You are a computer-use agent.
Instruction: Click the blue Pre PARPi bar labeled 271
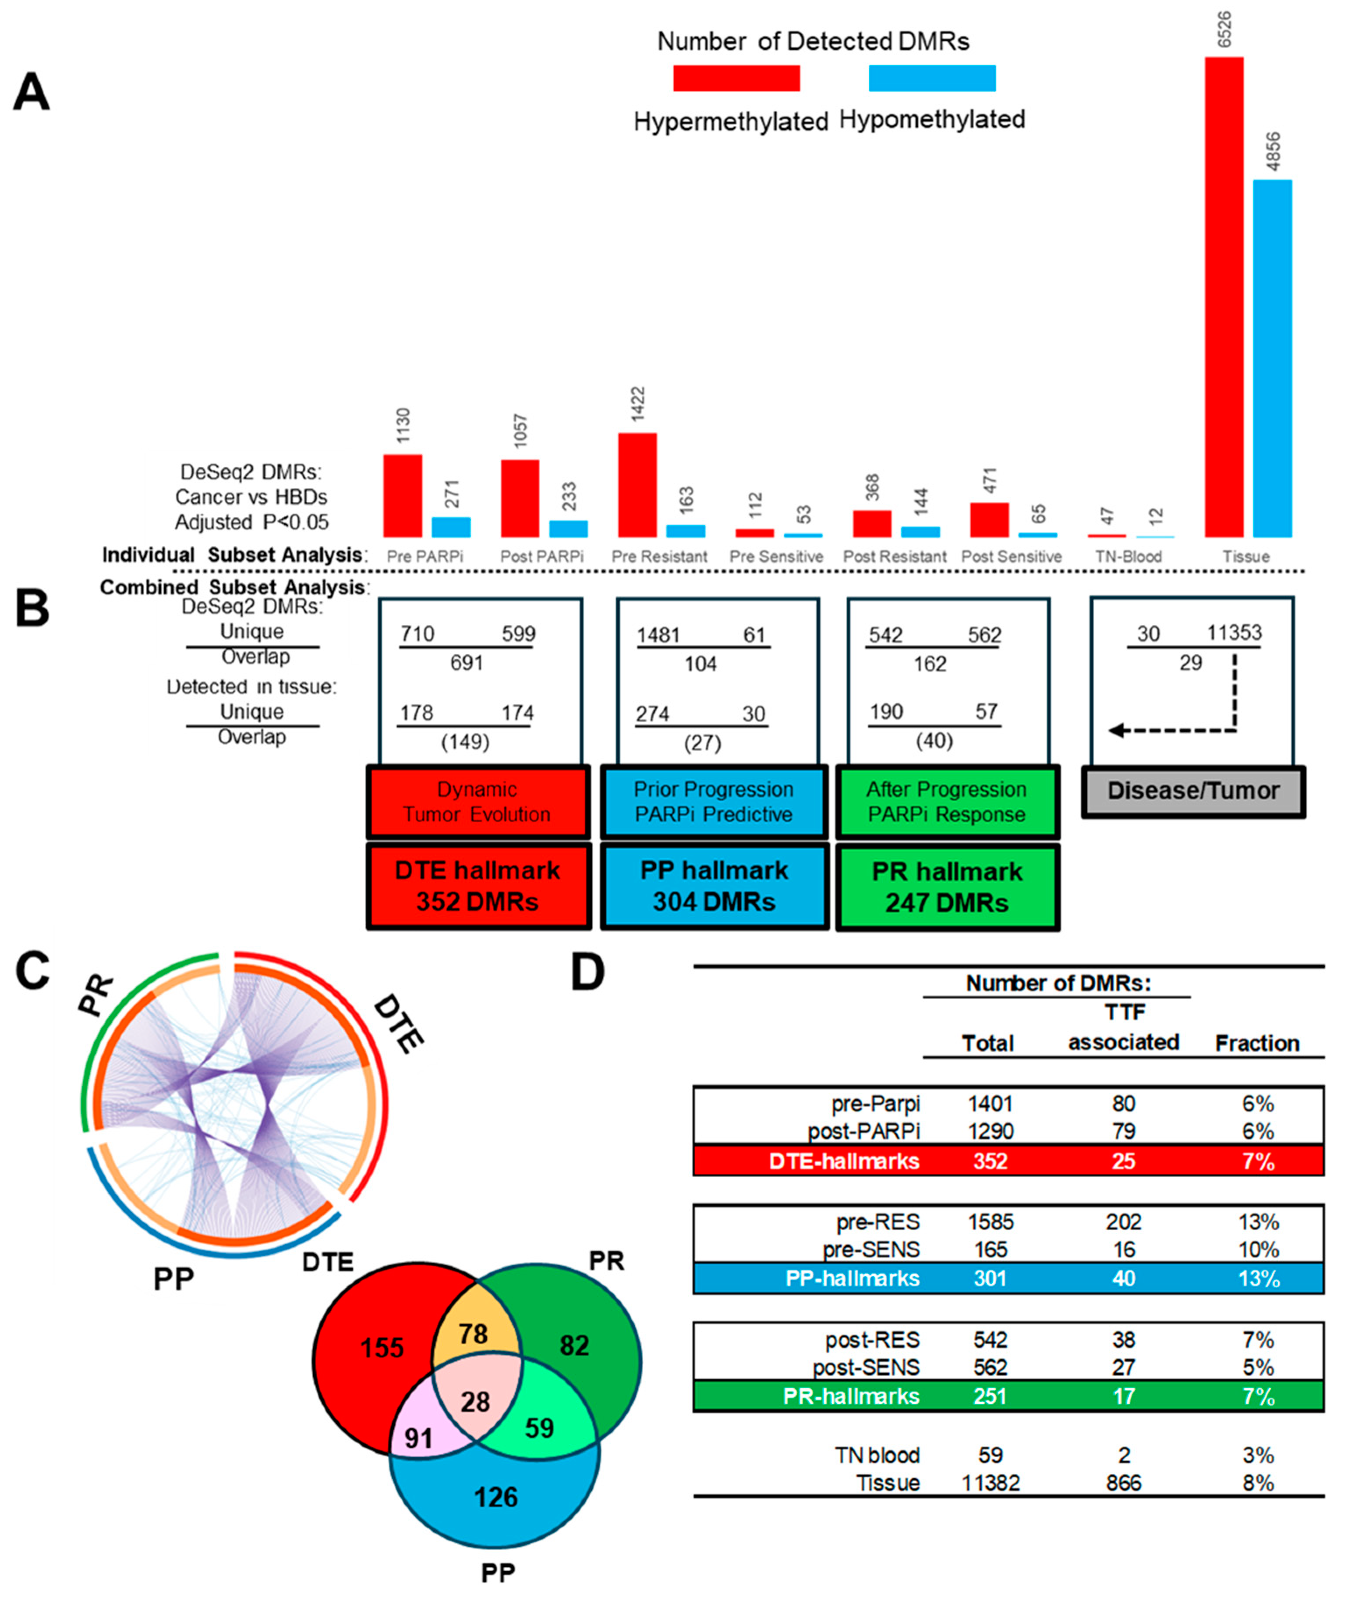(451, 527)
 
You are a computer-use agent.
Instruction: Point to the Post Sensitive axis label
(1011, 557)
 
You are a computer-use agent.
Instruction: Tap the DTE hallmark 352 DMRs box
(478, 886)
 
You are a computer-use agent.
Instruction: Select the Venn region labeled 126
(495, 1497)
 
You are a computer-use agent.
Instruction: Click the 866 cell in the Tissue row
(1124, 1482)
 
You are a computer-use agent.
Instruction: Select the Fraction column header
(1257, 1044)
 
